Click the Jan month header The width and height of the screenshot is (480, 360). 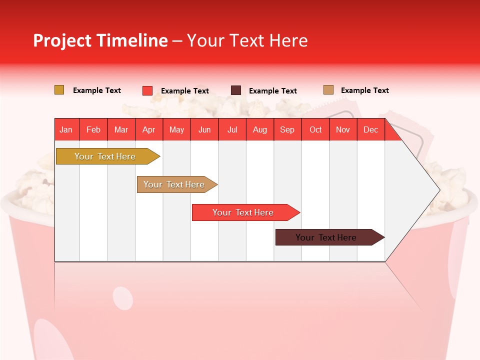[x=66, y=130]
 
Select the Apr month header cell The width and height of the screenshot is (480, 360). [x=149, y=130]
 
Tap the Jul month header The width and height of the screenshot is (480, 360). [x=232, y=130]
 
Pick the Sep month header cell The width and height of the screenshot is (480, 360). [x=287, y=130]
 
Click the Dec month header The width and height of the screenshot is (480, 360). [x=371, y=130]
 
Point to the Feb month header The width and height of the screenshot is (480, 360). [x=93, y=130]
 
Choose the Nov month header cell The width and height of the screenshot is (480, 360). [x=343, y=130]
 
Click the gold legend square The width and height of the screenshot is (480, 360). [x=59, y=90]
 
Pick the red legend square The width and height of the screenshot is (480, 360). [x=147, y=90]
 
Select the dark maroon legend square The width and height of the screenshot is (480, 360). [x=236, y=90]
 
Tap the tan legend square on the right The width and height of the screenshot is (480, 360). [x=328, y=90]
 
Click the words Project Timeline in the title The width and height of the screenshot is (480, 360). [x=100, y=40]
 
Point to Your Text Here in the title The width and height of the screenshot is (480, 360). [x=247, y=40]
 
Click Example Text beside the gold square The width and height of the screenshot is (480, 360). [x=97, y=90]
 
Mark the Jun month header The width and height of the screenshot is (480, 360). [x=204, y=130]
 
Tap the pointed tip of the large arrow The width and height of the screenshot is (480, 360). [x=438, y=190]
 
